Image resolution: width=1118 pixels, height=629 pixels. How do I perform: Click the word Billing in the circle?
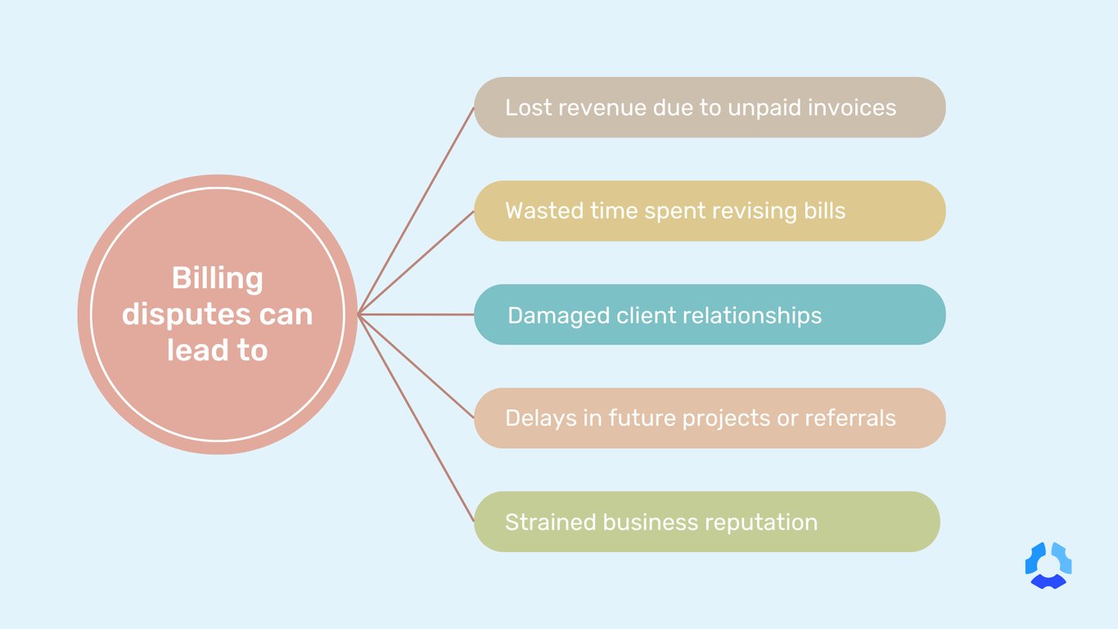(x=217, y=279)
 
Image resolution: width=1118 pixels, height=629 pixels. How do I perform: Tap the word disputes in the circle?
(x=184, y=314)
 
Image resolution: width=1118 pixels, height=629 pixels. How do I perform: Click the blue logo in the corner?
(x=1048, y=565)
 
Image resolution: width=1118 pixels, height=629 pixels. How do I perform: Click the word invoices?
(x=852, y=107)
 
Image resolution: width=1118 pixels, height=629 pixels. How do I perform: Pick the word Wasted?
(x=544, y=210)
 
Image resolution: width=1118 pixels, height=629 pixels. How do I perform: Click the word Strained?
(x=551, y=523)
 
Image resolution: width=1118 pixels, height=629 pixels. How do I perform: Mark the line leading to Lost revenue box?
(x=417, y=210)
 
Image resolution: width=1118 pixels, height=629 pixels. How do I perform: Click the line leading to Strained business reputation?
(x=417, y=419)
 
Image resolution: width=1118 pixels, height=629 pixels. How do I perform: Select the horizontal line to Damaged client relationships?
(x=416, y=314)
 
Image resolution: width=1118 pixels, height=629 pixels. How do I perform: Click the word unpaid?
(x=764, y=108)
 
